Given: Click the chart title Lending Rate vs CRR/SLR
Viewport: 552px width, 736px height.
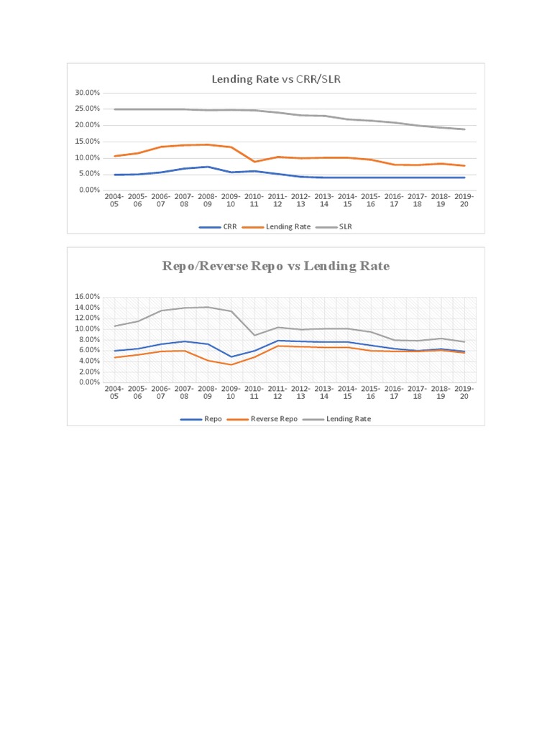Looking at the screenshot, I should [276, 79].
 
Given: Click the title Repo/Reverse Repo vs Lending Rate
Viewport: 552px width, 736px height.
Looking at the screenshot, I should [276, 266].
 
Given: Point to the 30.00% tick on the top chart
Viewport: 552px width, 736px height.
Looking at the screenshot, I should [86, 93].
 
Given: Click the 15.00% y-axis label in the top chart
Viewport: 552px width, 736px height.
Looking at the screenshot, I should [86, 142].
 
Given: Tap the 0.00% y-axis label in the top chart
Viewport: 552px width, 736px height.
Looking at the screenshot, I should [88, 190].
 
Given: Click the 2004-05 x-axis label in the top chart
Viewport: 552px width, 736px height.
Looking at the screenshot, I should [114, 200].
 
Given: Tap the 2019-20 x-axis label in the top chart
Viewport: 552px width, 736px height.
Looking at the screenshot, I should [464, 200].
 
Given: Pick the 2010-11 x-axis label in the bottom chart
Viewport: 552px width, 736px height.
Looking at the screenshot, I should [254, 392].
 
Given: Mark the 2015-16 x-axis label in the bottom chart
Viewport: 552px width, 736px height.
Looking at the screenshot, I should [371, 392].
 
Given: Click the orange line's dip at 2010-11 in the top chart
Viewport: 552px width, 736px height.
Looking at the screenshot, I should [254, 162].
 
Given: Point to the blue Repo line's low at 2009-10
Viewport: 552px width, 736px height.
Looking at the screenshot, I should [231, 356].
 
